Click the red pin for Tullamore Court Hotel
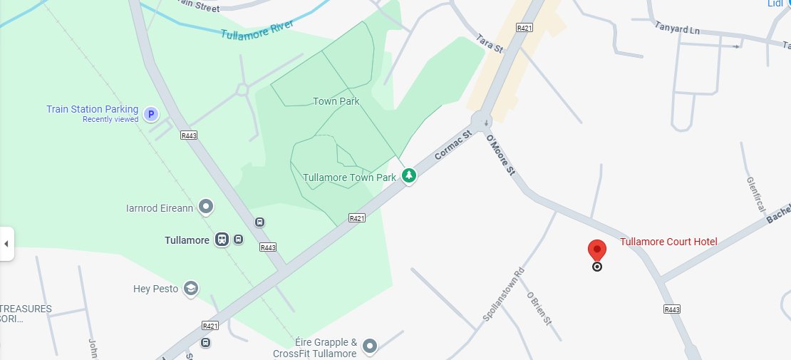pos(596,251)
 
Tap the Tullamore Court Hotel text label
pos(668,242)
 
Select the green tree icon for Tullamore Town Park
pos(408,175)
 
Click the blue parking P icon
pos(150,113)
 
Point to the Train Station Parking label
pos(92,109)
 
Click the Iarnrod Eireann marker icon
pos(206,207)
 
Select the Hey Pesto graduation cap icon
pos(190,289)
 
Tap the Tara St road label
pos(490,43)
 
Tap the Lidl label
pos(775,4)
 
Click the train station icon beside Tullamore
pos(222,240)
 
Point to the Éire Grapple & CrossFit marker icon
pos(369,346)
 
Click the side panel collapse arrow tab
pos(6,244)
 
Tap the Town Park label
pos(336,101)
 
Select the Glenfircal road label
pos(755,195)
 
